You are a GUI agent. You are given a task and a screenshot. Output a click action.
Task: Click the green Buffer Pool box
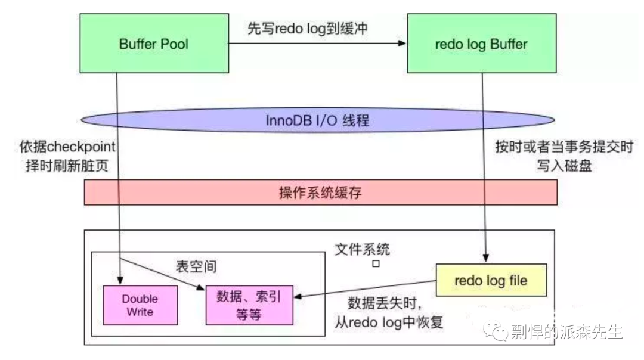[154, 44]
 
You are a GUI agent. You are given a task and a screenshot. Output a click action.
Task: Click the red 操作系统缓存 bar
[320, 193]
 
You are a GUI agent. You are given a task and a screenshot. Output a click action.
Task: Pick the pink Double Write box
[141, 305]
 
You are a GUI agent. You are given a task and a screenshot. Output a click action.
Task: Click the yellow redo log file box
[491, 280]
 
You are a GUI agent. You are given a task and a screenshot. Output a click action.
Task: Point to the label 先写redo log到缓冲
[308, 28]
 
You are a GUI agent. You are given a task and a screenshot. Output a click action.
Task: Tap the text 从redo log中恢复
[390, 322]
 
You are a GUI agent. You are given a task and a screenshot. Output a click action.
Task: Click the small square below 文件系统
[376, 263]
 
